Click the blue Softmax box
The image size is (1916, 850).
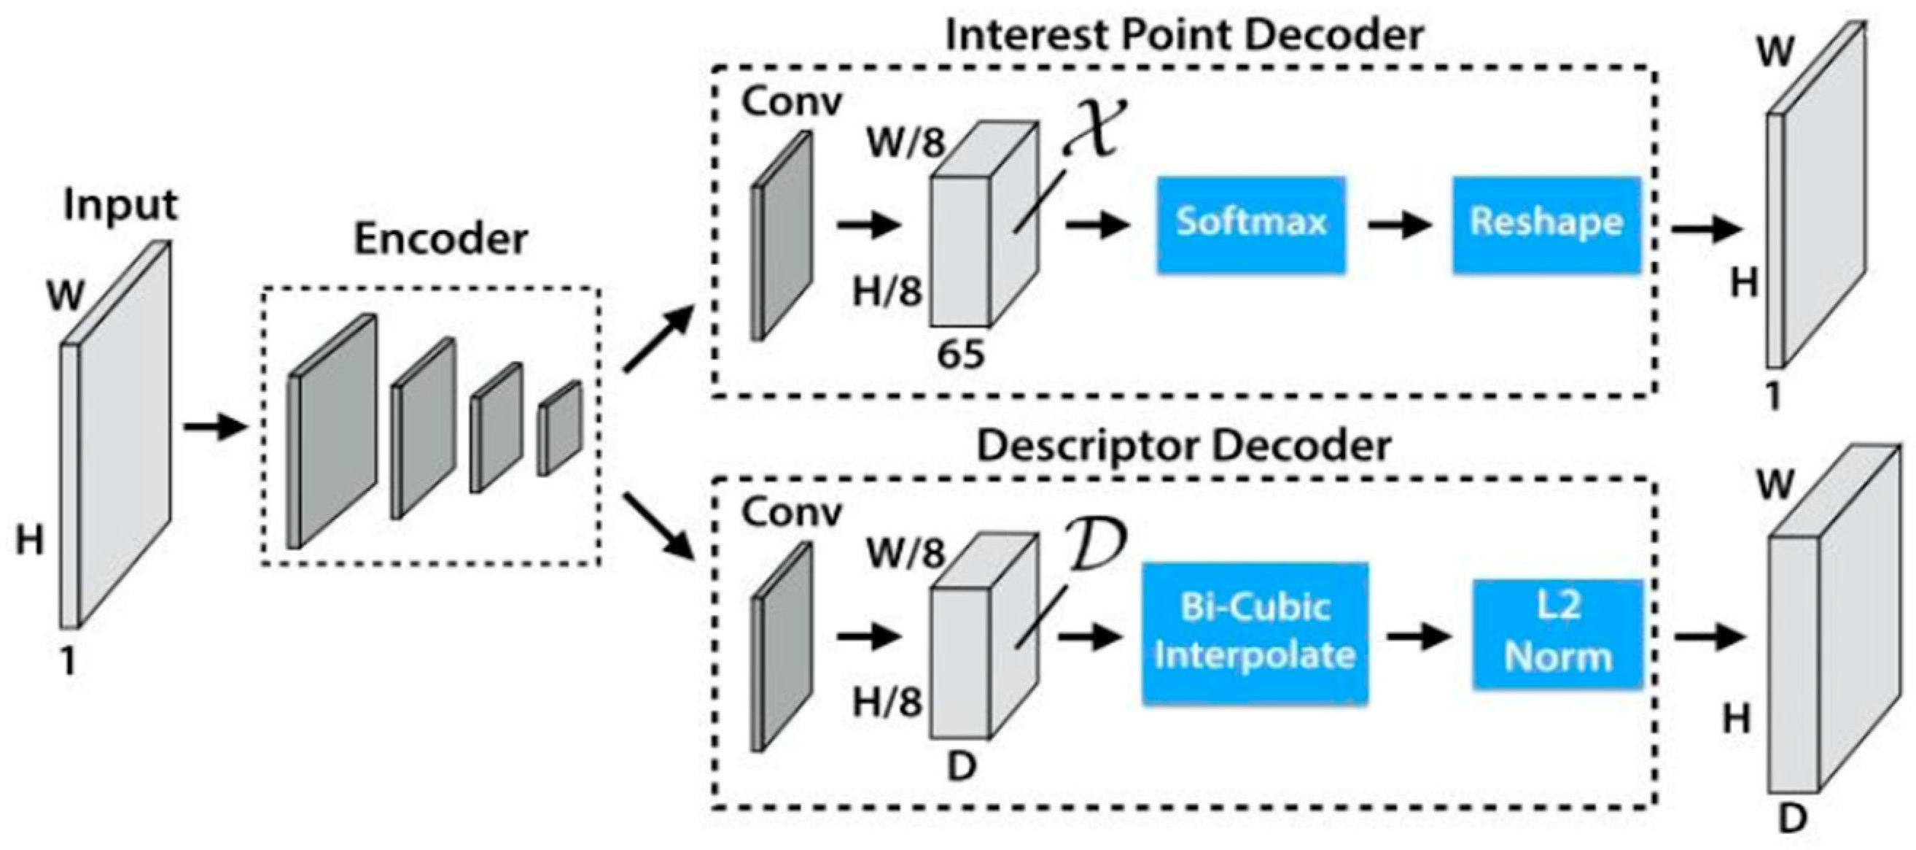1250,224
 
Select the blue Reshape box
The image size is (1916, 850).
1546,224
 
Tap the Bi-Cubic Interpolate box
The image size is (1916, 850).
1254,633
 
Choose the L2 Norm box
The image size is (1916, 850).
1557,633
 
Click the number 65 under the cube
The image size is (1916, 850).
960,355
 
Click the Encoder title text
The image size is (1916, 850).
440,239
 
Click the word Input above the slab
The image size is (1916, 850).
120,204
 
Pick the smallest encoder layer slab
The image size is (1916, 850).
559,429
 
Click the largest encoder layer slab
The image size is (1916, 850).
332,432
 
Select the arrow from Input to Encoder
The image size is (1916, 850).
214,428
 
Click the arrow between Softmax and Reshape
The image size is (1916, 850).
1398,225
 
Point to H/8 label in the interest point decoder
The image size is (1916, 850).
887,291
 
